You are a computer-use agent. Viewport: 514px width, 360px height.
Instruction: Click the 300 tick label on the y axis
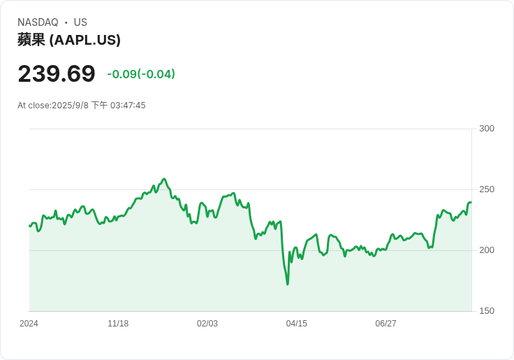pos(487,129)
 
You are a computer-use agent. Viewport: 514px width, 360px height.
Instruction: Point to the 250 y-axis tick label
pos(487,189)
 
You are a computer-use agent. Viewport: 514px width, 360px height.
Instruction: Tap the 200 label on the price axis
pos(487,250)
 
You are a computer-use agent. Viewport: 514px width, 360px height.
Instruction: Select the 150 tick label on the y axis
pos(487,311)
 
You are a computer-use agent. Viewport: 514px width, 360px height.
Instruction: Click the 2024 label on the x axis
pos(29,324)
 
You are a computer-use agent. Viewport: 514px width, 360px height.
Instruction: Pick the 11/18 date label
pos(118,324)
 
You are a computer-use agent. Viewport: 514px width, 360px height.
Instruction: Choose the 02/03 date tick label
pos(207,324)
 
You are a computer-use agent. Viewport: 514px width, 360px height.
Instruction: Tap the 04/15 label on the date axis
pos(297,324)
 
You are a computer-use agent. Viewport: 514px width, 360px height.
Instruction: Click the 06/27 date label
pos(385,324)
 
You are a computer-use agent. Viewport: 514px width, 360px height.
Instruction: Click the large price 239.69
pos(57,73)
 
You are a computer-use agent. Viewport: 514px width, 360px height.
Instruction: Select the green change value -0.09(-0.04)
pos(141,74)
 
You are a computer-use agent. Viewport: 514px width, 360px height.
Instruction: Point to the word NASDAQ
pos(38,22)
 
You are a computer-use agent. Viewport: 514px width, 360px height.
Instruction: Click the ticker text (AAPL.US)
pos(85,40)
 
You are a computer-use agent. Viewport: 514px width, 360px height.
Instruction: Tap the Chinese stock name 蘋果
pos(31,40)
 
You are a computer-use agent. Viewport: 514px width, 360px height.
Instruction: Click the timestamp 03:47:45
pos(128,106)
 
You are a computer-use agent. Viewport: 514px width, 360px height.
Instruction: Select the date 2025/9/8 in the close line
pos(70,106)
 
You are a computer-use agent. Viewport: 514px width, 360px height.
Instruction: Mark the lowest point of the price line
pos(288,285)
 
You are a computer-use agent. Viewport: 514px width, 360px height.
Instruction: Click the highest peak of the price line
pos(164,179)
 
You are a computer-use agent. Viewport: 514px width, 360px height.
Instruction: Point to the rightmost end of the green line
pos(471,203)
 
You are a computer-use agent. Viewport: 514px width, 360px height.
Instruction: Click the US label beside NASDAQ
pos(80,22)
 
